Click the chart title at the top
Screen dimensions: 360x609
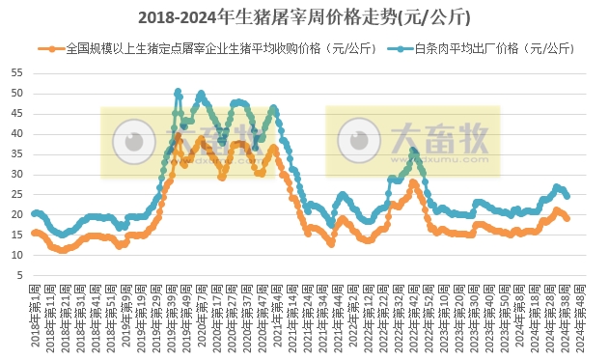[304, 16]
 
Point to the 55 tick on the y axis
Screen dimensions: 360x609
[15, 73]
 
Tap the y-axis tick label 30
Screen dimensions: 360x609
[15, 175]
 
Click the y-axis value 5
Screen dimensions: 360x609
[18, 276]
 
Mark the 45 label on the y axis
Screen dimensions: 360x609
[15, 114]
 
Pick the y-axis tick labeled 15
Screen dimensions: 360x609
[15, 235]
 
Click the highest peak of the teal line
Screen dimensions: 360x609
[178, 92]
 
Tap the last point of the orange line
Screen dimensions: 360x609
[567, 218]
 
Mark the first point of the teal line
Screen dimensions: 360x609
[34, 213]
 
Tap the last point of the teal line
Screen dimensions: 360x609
[567, 196]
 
